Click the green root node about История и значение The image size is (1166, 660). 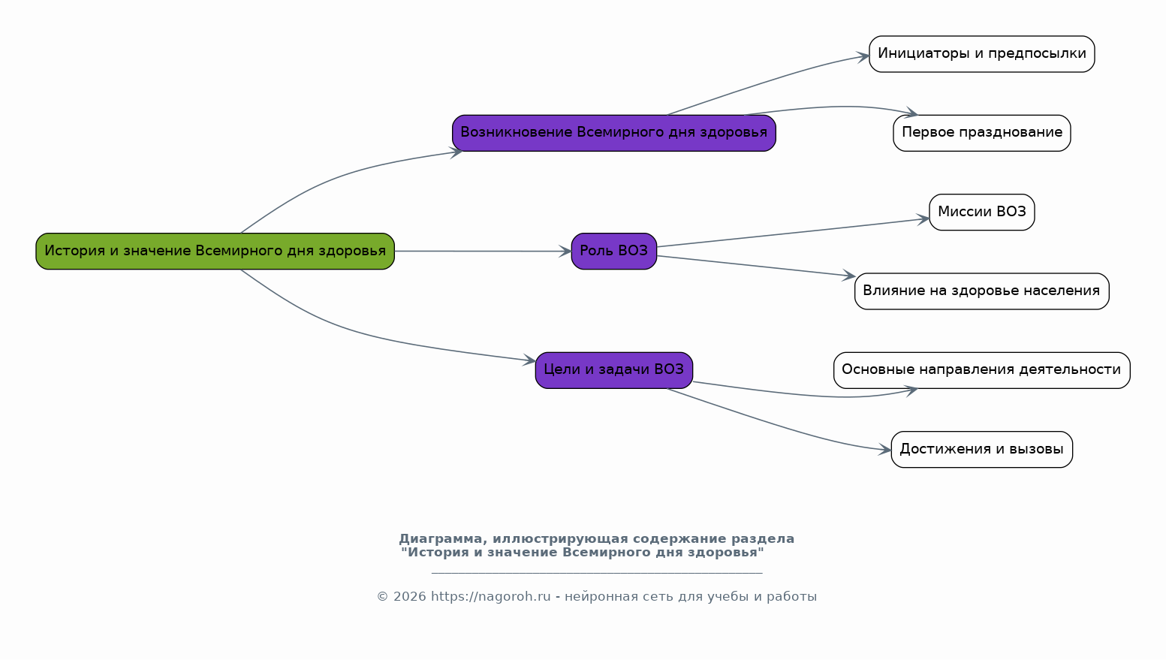pos(215,252)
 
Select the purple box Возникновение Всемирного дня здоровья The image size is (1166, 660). pos(613,133)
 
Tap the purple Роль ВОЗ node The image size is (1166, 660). pos(613,252)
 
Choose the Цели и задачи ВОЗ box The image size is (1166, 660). pos(613,370)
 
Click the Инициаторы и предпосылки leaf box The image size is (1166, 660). pos(982,54)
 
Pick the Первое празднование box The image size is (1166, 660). pos(982,133)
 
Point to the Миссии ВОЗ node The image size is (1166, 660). pos(982,212)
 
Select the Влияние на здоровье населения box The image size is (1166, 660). pos(982,291)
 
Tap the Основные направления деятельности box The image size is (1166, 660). pos(982,370)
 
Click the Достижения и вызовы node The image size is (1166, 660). pos(982,449)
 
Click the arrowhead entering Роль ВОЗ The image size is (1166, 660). pos(565,252)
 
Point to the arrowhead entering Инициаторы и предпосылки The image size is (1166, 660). pos(863,57)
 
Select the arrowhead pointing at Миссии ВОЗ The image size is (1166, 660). pos(923,219)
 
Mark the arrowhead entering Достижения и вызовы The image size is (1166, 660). pos(885,450)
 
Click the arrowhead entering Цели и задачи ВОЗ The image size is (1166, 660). pos(529,360)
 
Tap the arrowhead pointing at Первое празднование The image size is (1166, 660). pos(911,113)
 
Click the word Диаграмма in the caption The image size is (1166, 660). pos(443,539)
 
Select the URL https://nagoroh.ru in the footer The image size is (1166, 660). pos(490,596)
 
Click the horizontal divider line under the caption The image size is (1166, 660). pos(597,573)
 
